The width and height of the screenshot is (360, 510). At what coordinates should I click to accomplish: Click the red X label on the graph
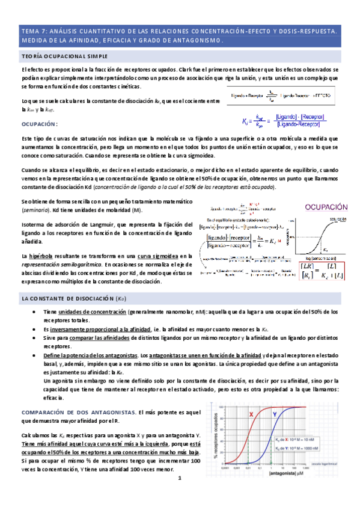251,414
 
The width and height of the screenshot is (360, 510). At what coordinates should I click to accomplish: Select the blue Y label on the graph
275,414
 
